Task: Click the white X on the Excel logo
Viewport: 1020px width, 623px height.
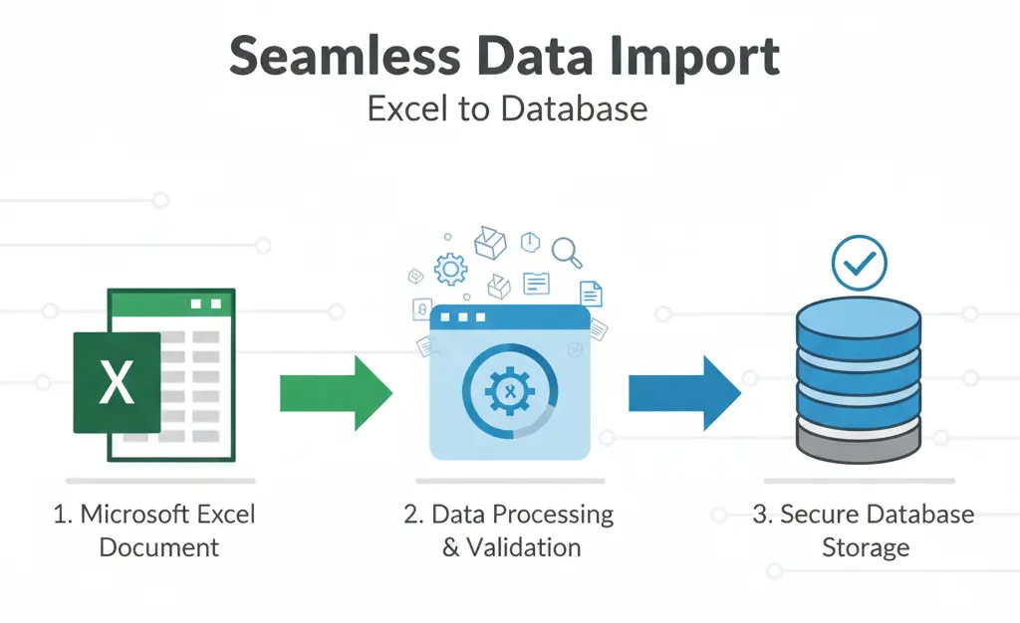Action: [117, 383]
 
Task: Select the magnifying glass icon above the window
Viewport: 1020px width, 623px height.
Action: [567, 251]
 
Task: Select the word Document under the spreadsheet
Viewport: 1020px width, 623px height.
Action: [159, 547]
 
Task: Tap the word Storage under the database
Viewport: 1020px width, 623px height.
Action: [866, 547]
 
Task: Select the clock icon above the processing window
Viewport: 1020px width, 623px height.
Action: [530, 241]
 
